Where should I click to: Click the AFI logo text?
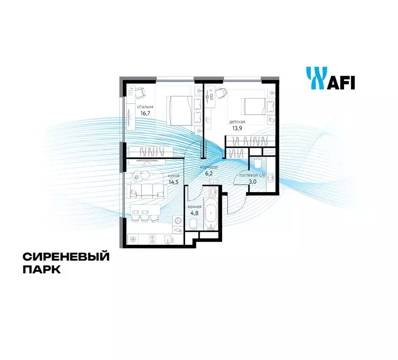341,82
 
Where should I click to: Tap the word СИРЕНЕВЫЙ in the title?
66,257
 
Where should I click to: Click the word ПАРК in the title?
42,270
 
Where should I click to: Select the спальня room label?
145,107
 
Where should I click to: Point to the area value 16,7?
145,113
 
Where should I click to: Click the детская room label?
237,122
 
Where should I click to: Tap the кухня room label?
173,176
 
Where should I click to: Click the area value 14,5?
173,182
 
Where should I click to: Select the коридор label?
209,167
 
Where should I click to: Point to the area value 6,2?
209,173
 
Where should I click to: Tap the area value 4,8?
195,213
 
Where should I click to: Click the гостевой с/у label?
252,175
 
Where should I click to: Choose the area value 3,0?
253,182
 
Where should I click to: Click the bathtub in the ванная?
211,213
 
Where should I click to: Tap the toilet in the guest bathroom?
257,163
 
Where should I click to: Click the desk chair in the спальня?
140,93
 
